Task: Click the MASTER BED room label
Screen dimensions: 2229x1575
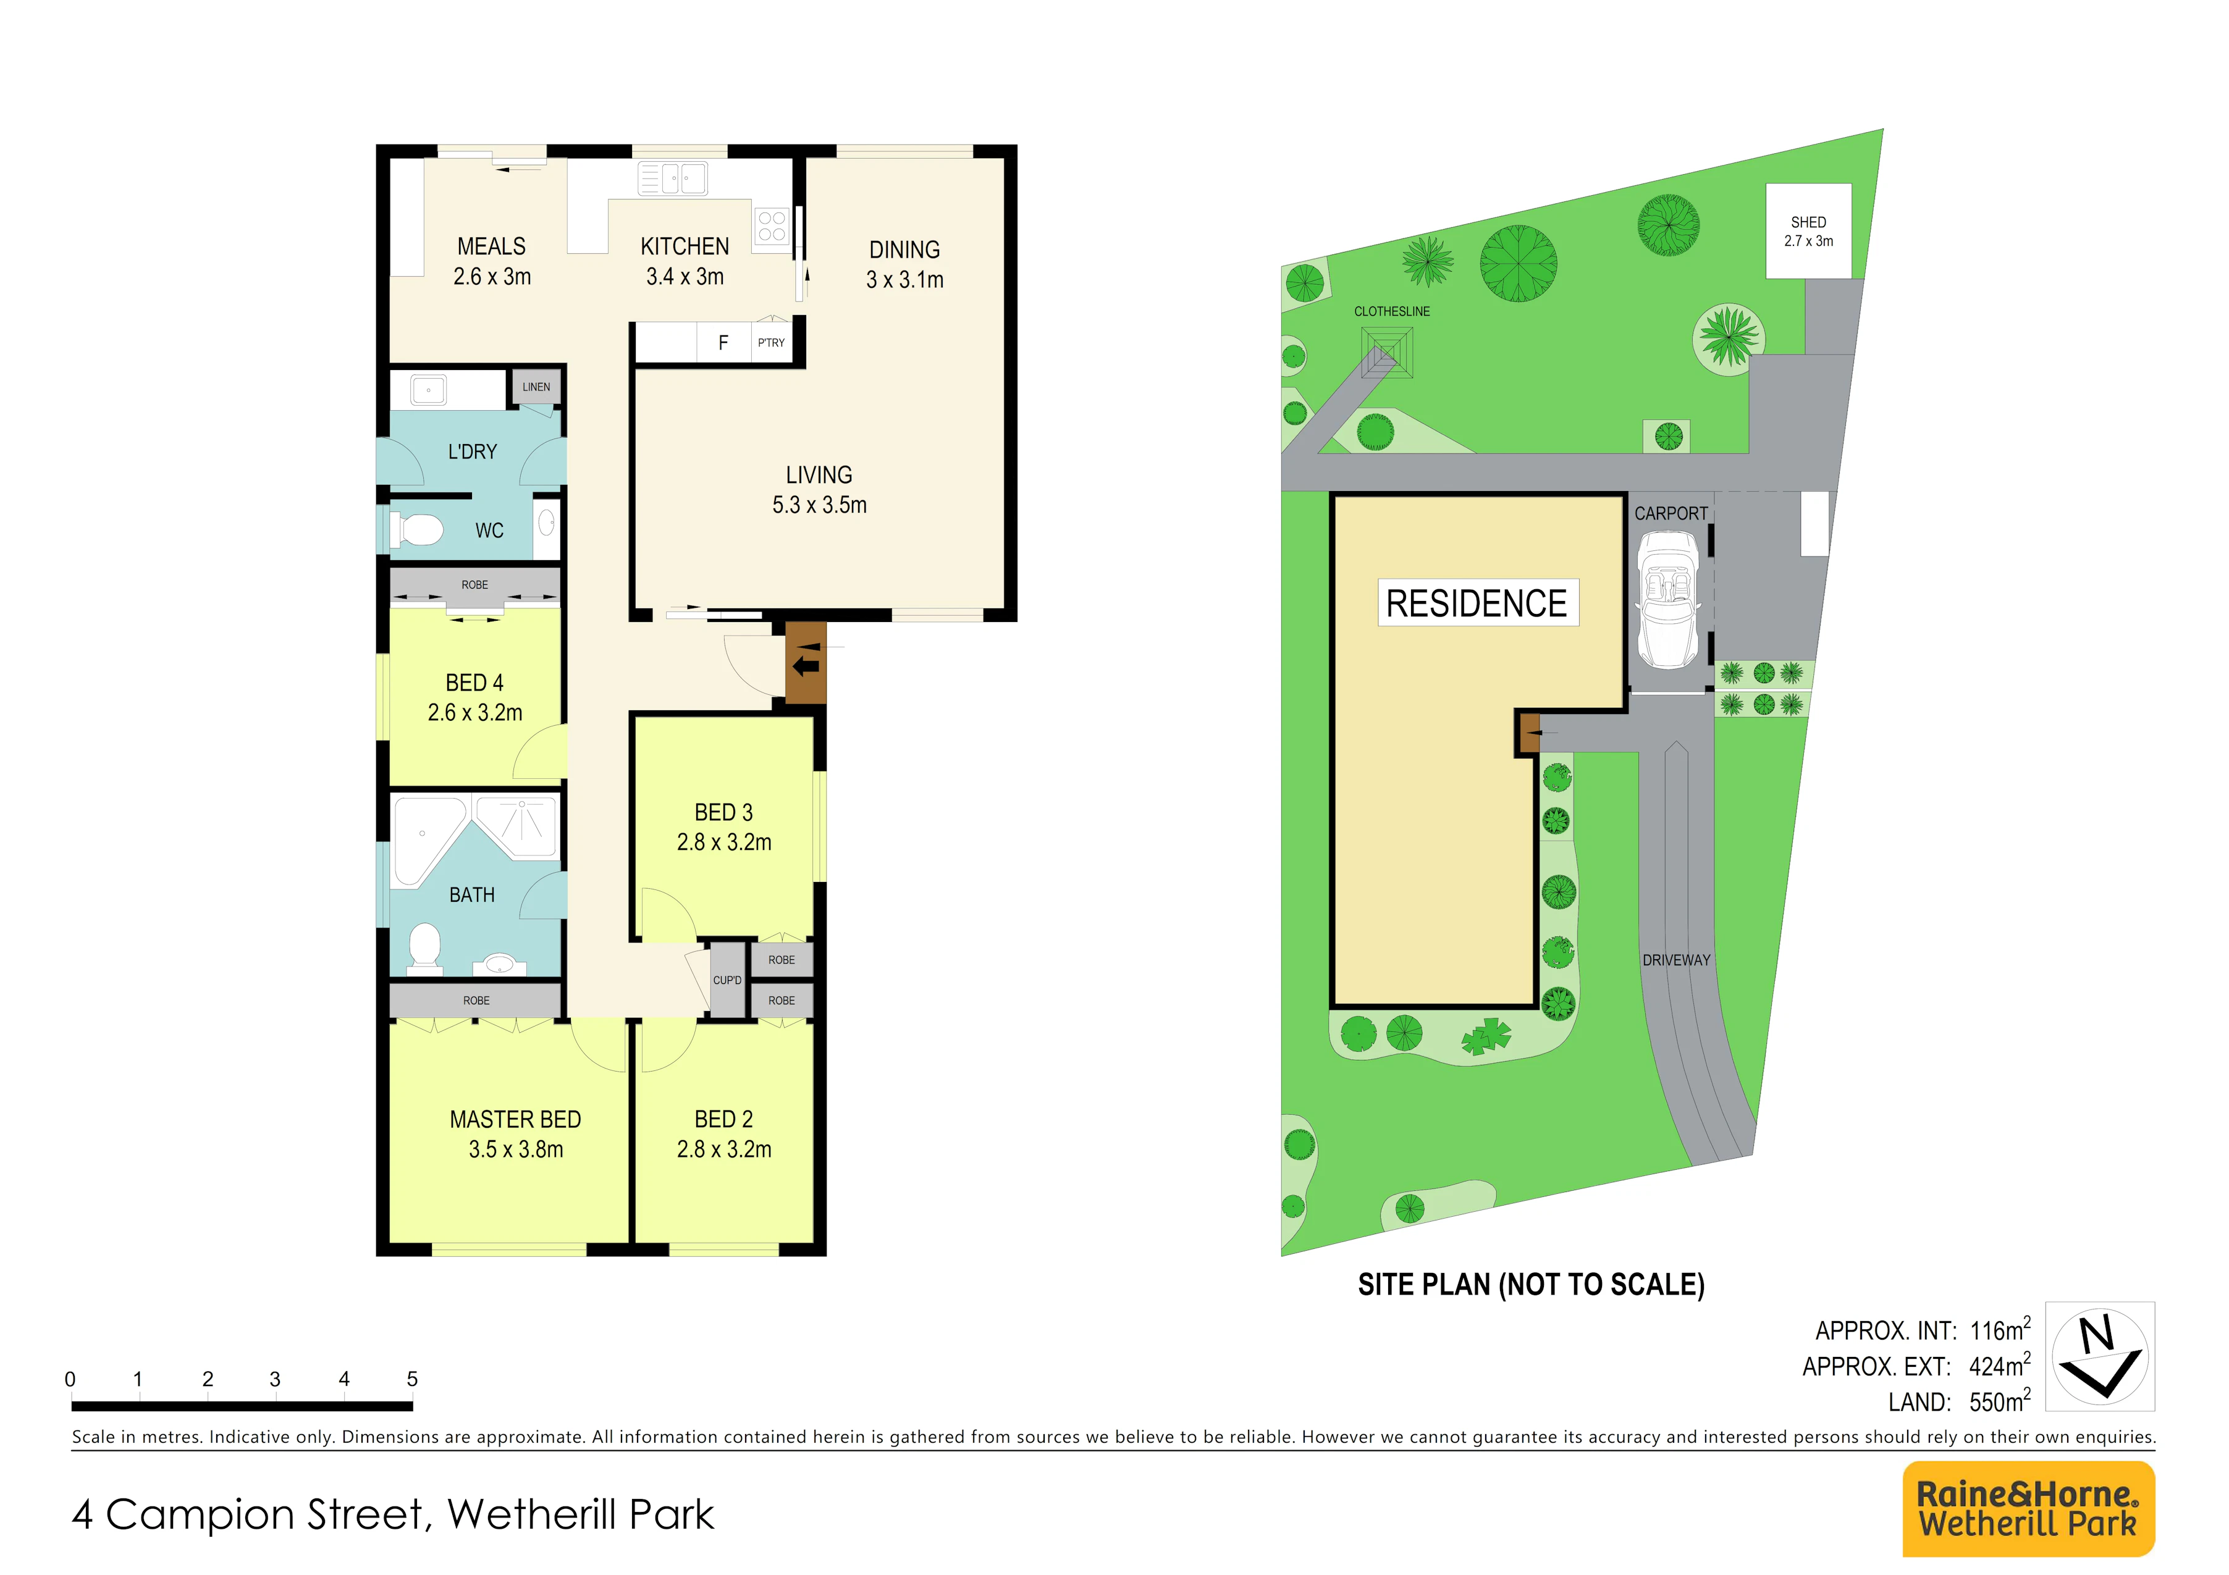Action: click(515, 1119)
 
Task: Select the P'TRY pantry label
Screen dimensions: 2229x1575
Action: click(771, 343)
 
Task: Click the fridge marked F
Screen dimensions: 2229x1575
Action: click(723, 343)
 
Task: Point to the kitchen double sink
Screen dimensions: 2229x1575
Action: click(672, 178)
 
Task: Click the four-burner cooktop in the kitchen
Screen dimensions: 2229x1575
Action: click(772, 226)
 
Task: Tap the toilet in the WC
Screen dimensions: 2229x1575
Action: click(416, 530)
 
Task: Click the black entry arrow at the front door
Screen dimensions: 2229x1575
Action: click(805, 666)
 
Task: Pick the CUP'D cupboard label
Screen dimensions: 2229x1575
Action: click(727, 980)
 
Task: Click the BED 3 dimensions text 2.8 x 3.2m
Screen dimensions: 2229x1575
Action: click(724, 842)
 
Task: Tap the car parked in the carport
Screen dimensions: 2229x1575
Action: click(1668, 600)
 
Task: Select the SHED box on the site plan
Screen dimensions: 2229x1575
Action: click(1809, 231)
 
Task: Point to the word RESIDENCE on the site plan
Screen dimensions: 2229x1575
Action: click(1477, 603)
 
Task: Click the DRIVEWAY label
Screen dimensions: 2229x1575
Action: click(1677, 960)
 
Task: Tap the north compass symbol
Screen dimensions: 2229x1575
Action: click(2100, 1356)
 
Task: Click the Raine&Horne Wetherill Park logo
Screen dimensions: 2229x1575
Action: click(2028, 1508)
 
